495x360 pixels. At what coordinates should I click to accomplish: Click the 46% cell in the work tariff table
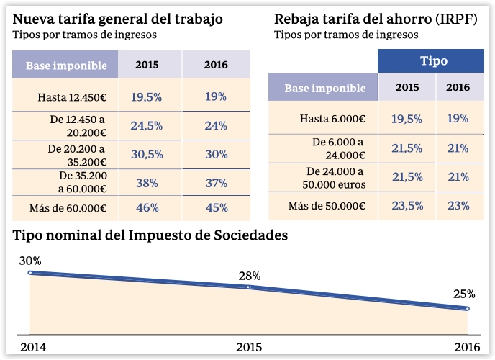click(147, 207)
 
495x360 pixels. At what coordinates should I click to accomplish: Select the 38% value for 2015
click(147, 183)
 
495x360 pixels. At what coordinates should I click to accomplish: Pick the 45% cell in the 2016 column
click(216, 207)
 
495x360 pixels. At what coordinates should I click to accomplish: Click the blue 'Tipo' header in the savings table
click(433, 61)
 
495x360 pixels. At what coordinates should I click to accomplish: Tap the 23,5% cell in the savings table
click(407, 205)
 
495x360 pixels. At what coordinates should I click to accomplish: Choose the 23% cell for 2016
click(458, 205)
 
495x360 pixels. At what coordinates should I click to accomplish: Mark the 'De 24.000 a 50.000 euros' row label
click(336, 178)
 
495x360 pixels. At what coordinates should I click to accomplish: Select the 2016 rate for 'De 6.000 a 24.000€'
click(458, 148)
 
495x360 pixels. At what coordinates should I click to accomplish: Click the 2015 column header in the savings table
click(407, 87)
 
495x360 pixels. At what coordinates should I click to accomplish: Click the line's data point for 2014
click(30, 273)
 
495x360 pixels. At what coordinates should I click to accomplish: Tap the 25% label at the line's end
click(465, 294)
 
